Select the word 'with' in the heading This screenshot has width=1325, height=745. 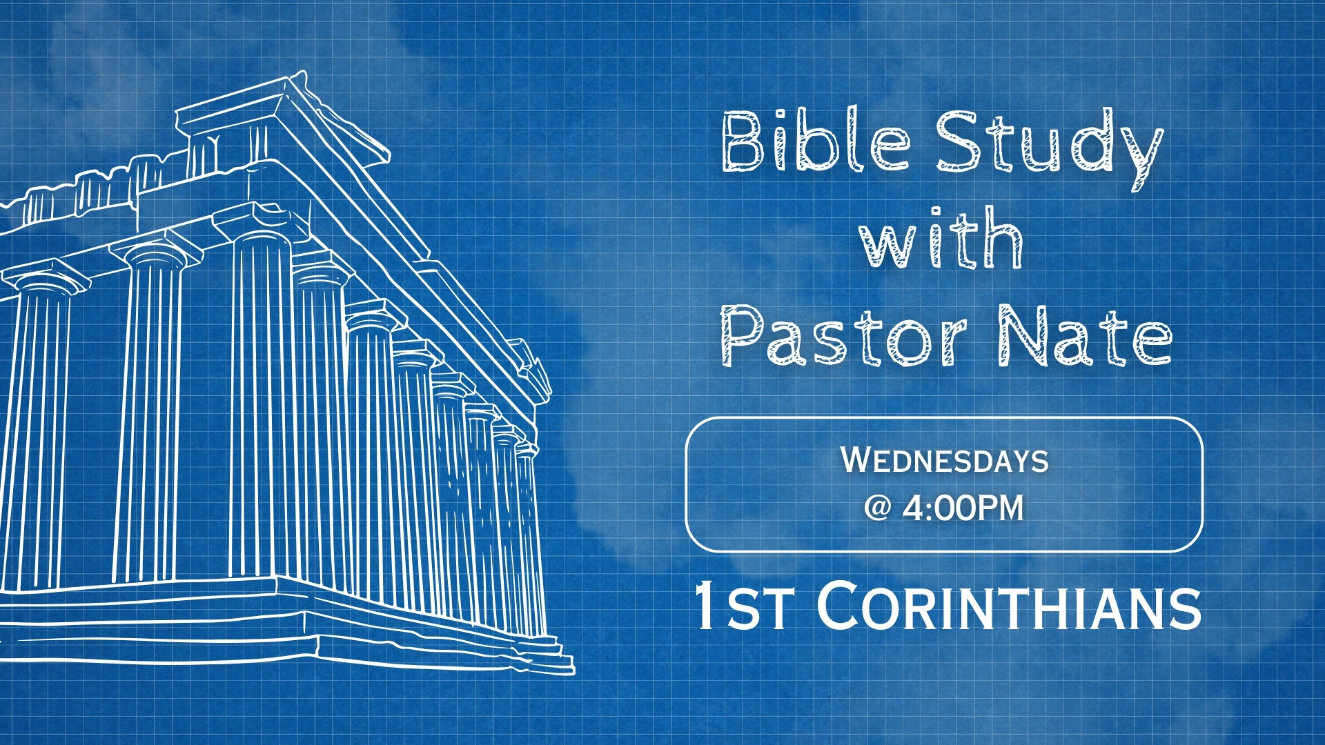941,237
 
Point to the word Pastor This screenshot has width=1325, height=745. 843,336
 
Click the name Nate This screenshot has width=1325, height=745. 1086,336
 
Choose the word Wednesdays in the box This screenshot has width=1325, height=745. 945,460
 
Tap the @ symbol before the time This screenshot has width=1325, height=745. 878,508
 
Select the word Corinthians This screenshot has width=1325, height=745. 1010,606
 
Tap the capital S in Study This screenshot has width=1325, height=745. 959,141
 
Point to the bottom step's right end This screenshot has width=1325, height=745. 573,668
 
